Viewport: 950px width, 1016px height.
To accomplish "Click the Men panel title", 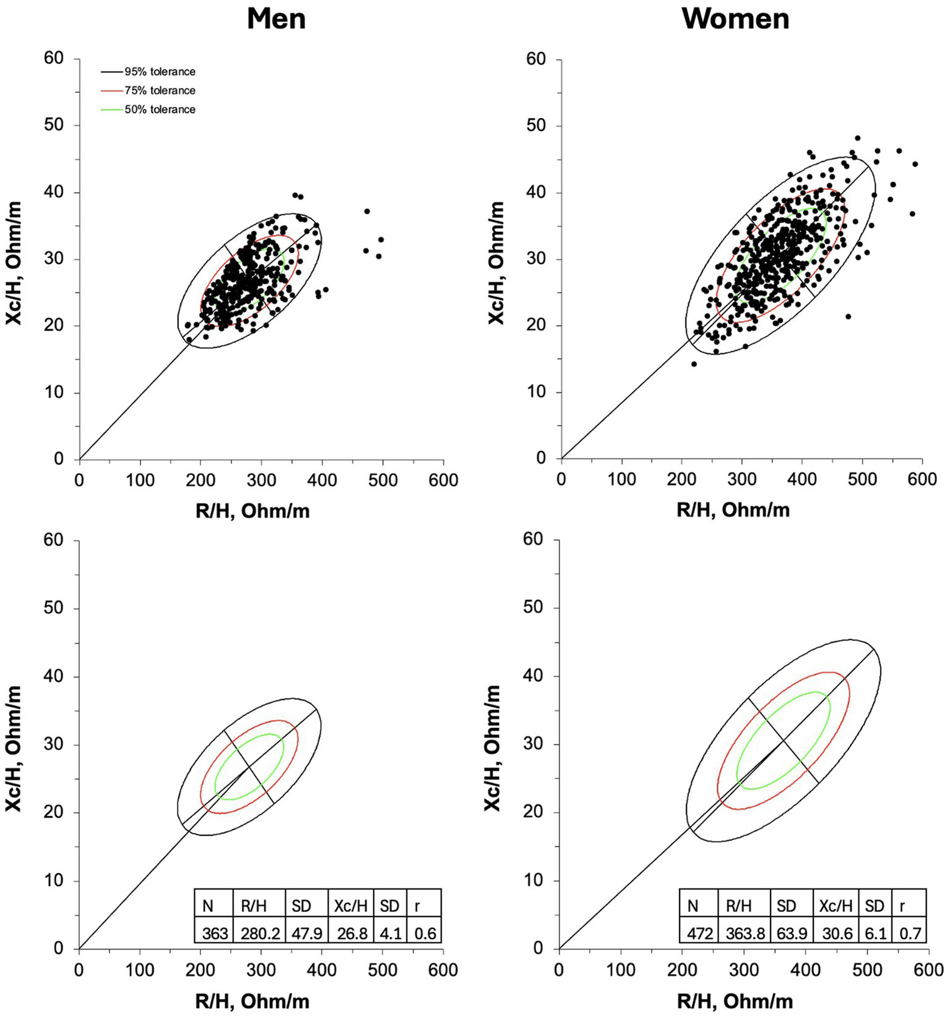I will (x=276, y=19).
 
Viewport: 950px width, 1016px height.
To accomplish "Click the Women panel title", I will (x=735, y=19).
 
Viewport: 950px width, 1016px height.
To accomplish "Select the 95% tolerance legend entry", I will (x=160, y=72).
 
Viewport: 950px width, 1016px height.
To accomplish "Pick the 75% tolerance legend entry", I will (x=160, y=90).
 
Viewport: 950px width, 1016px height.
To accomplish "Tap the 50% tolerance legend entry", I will (x=160, y=110).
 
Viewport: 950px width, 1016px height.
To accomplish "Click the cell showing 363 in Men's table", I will (x=215, y=932).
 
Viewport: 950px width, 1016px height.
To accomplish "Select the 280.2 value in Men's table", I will (x=260, y=932).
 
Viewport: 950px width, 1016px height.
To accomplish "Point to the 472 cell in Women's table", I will (x=700, y=932).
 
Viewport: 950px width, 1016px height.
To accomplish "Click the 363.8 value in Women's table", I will (x=745, y=932).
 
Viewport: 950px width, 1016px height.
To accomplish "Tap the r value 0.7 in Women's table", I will (x=910, y=932).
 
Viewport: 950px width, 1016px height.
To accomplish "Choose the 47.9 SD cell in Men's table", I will (x=307, y=932).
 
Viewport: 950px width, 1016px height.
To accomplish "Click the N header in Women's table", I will (x=693, y=906).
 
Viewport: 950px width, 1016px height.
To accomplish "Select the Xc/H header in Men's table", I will (x=351, y=906).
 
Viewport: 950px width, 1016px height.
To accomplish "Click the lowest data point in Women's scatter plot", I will (x=694, y=364).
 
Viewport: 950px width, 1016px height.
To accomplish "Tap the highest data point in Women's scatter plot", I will (x=857, y=139).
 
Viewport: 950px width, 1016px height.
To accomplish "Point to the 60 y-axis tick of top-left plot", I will (x=54, y=58).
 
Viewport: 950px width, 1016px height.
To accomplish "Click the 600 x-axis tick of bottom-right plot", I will (x=928, y=970).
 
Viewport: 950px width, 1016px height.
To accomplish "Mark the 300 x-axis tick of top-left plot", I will (x=261, y=480).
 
